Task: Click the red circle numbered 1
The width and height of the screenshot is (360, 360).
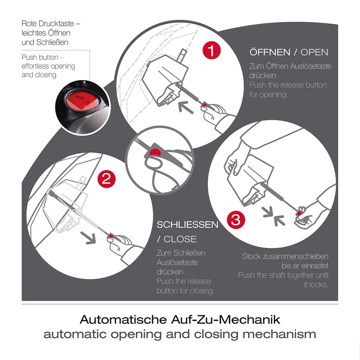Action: click(211, 49)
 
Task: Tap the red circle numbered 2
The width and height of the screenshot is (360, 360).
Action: click(106, 179)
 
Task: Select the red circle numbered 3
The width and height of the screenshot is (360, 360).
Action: click(235, 220)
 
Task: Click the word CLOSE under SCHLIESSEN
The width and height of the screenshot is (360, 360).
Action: click(180, 239)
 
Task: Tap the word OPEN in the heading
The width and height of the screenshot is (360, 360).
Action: click(315, 52)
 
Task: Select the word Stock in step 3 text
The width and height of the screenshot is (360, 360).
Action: click(252, 256)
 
